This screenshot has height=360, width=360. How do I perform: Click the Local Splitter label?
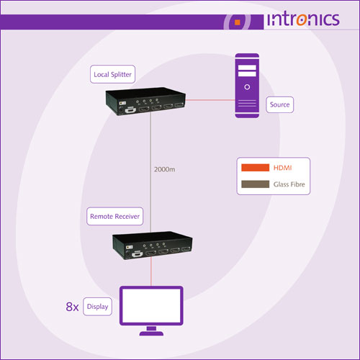point(112,74)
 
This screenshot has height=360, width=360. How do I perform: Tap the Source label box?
point(279,104)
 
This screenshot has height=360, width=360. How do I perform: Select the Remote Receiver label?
point(114,216)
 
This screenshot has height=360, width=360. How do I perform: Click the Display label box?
point(97,307)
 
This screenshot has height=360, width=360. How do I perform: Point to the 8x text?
point(72,307)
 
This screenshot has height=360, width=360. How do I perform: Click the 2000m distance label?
point(164,169)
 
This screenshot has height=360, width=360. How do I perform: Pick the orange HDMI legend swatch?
point(255,168)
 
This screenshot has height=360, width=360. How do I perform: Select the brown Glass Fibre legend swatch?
point(255,184)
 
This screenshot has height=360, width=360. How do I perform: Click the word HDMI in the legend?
point(282,168)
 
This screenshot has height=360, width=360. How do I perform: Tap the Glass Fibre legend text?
point(289,184)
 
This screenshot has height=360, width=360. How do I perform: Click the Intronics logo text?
point(303,19)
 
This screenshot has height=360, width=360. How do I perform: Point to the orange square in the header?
point(238,22)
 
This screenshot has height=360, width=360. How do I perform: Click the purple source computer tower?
point(247,86)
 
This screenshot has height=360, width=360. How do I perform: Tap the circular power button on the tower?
point(247,87)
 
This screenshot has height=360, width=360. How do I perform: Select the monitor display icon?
point(151,310)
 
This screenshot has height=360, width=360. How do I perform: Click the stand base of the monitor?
point(151,333)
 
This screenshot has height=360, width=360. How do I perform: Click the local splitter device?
point(145,102)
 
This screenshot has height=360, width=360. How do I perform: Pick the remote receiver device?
point(153,246)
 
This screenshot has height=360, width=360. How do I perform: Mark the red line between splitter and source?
point(210,100)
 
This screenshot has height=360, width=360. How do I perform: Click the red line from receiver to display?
point(151,272)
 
